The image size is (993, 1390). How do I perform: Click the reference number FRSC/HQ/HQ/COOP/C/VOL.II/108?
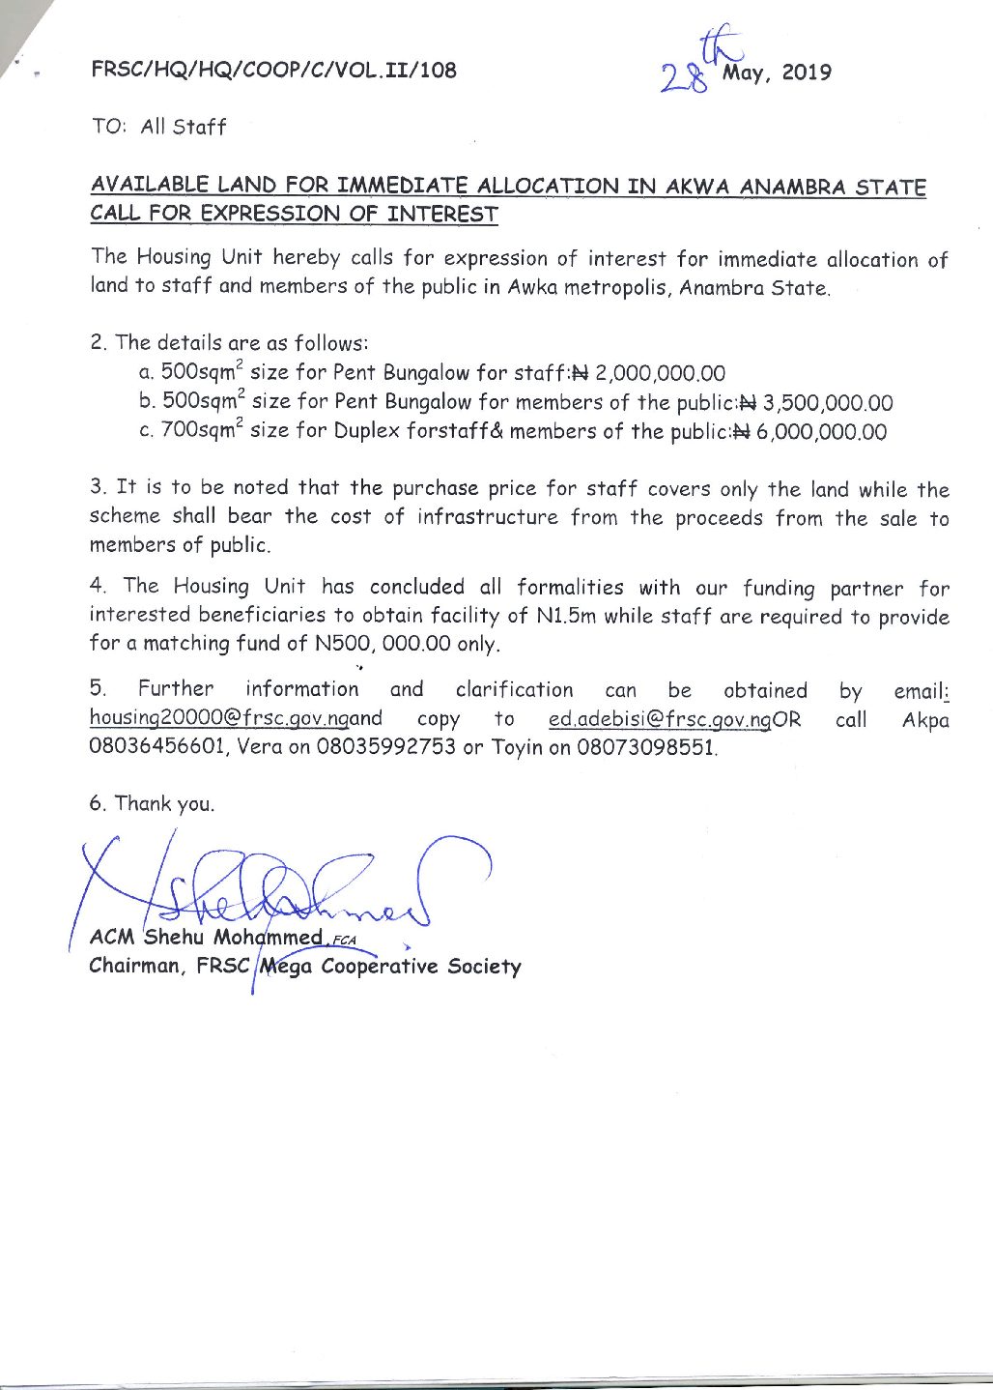pos(274,70)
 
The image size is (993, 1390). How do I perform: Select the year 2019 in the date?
pos(807,72)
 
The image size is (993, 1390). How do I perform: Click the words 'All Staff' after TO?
pos(184,127)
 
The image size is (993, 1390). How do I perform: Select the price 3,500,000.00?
pos(828,402)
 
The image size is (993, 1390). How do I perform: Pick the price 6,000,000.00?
pos(821,432)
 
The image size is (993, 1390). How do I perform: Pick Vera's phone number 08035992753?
pos(385,747)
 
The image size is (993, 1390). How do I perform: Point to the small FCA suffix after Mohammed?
pos(343,939)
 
